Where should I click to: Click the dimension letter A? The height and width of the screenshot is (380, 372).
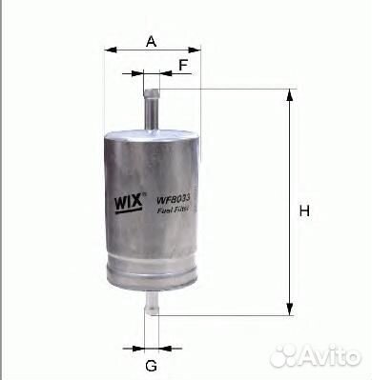pyautogui.click(x=152, y=41)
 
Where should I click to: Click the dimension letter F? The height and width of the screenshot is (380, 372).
pyautogui.click(x=183, y=65)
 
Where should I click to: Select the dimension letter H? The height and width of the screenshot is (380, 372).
pyautogui.click(x=304, y=210)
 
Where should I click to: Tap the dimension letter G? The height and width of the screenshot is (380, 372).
pyautogui.click(x=152, y=366)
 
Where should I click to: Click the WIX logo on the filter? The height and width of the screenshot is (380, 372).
pyautogui.click(x=128, y=202)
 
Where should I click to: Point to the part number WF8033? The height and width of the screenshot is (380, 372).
pyautogui.click(x=173, y=200)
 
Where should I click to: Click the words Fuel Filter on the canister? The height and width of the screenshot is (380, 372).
pyautogui.click(x=173, y=210)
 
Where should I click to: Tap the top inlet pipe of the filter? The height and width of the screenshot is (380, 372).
pyautogui.click(x=152, y=110)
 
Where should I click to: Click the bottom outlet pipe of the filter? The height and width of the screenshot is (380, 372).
pyautogui.click(x=151, y=304)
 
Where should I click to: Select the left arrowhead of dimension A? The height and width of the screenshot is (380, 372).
pyautogui.click(x=111, y=50)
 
